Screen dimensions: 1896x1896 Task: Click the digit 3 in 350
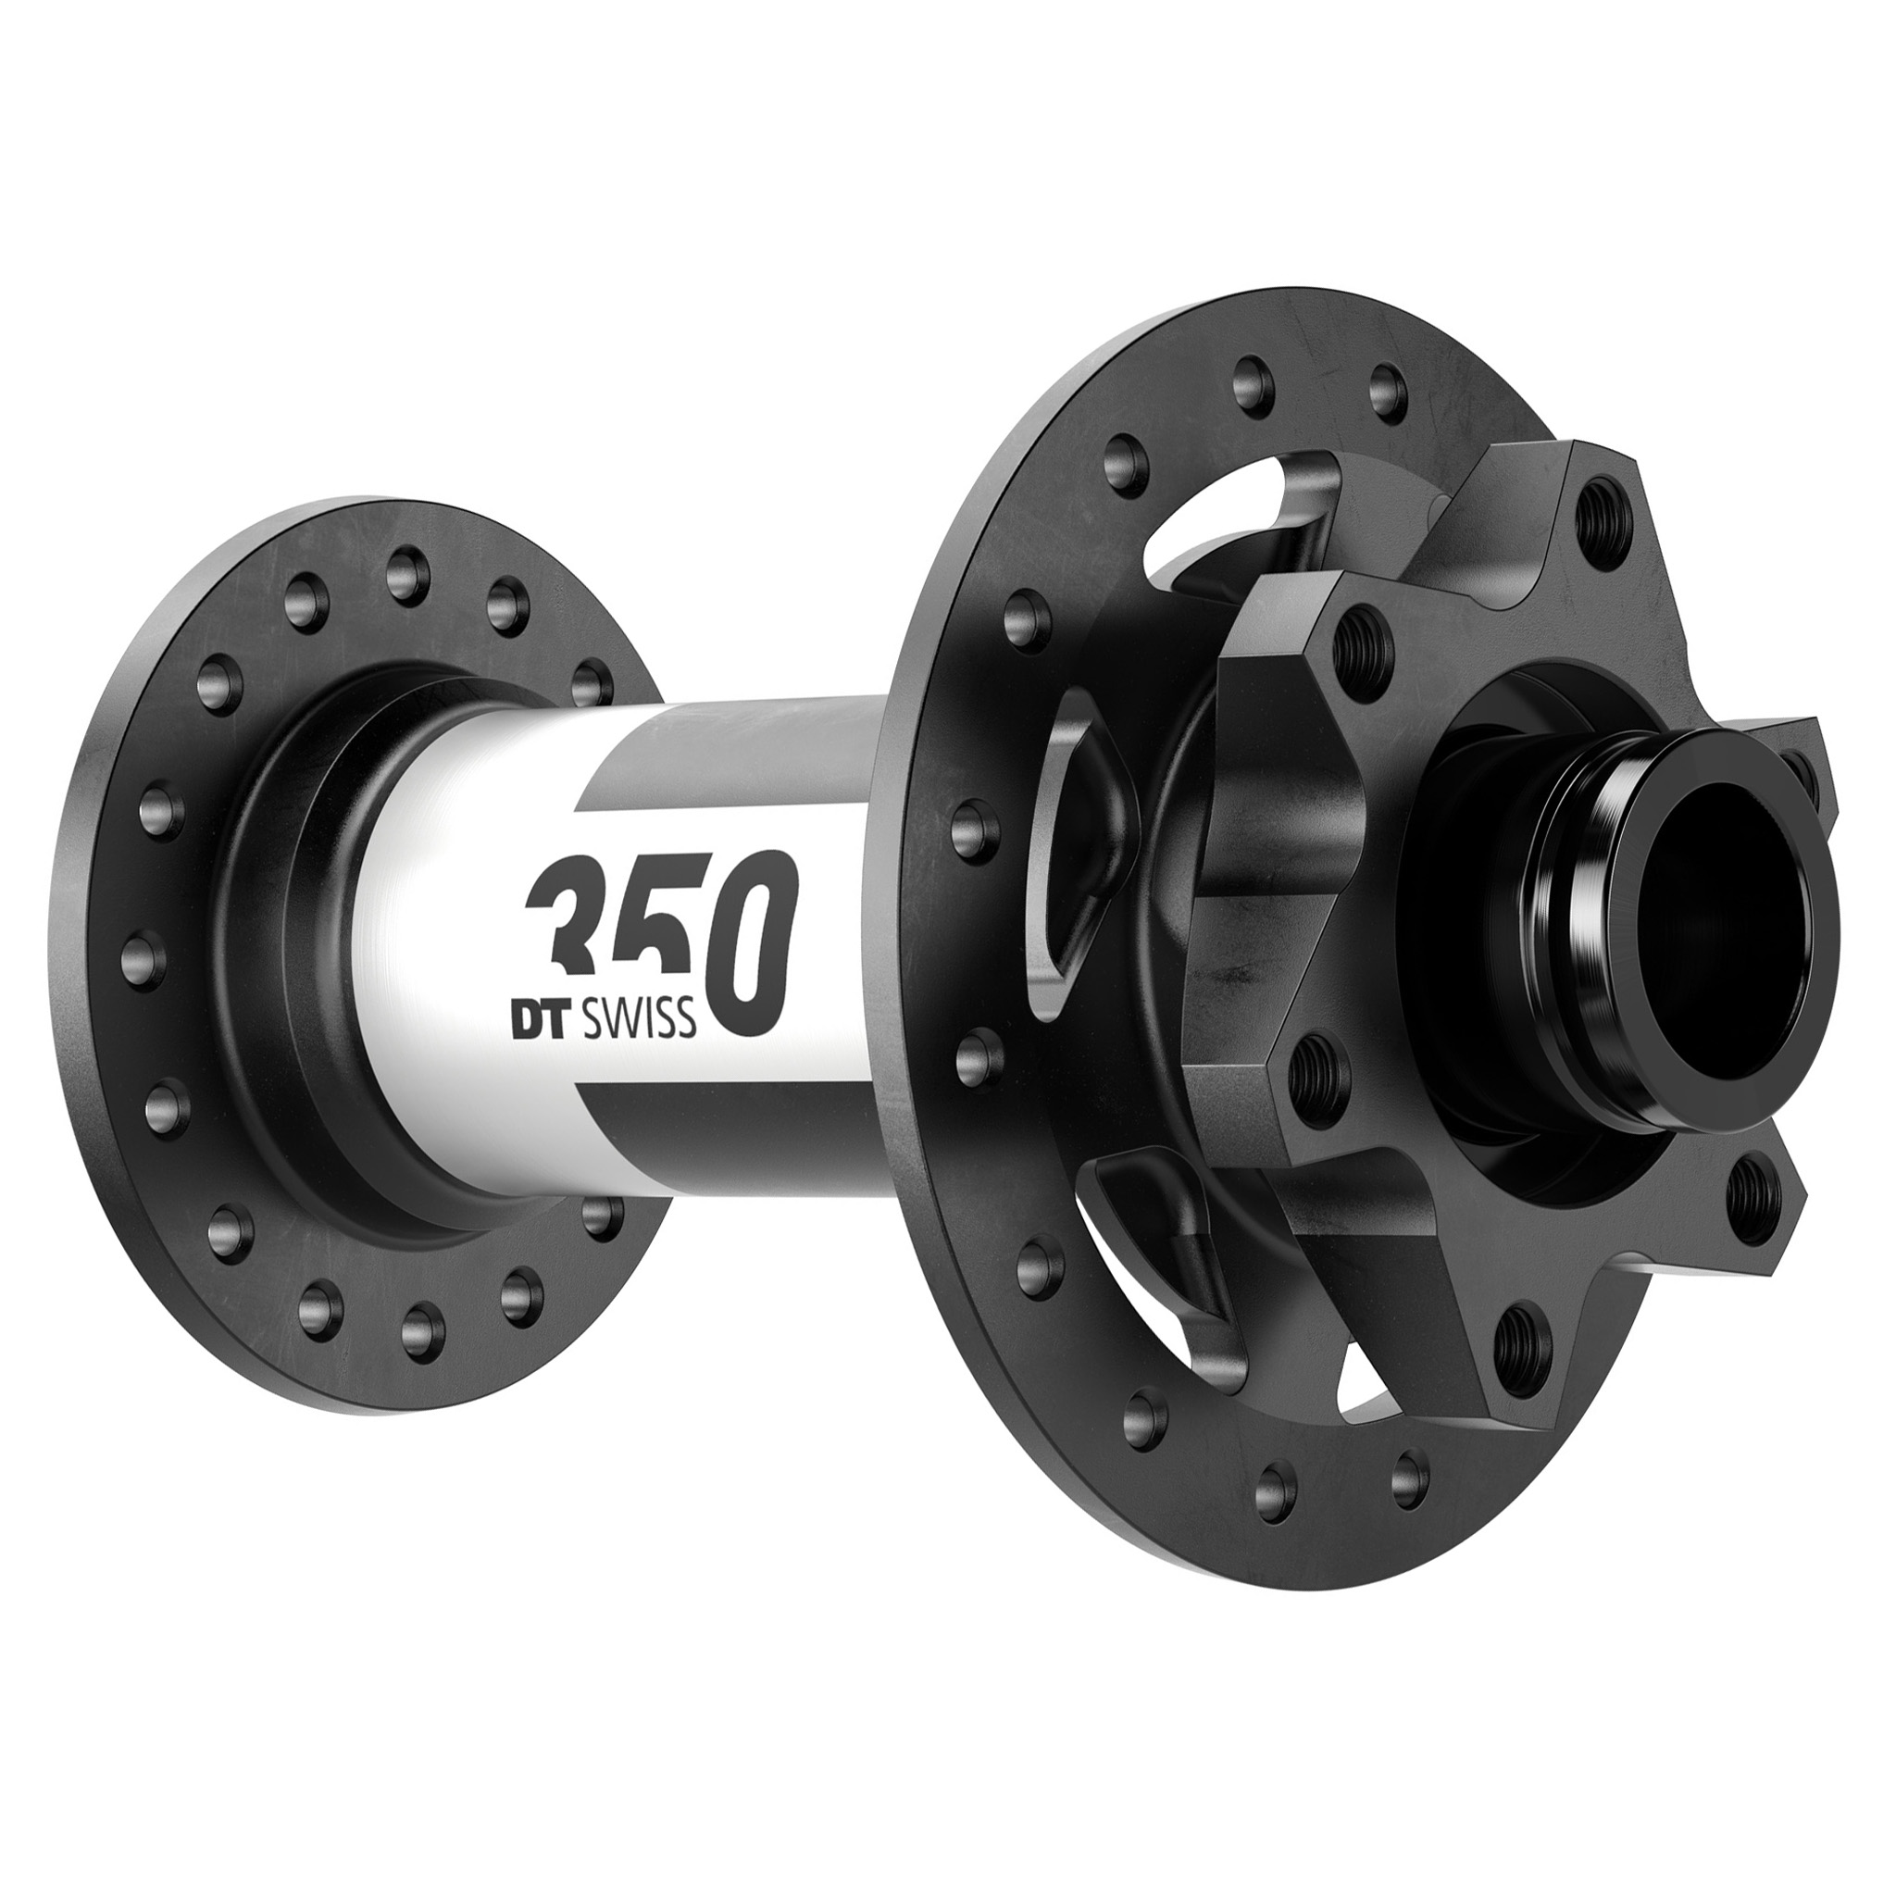[568, 928]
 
